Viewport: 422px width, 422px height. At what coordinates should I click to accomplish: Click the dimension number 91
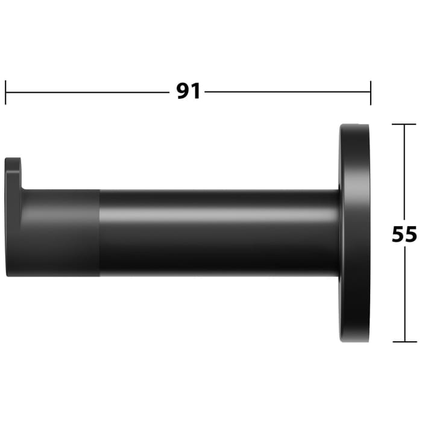pyautogui.click(x=188, y=92)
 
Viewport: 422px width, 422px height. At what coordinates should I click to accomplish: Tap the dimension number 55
pyautogui.click(x=404, y=234)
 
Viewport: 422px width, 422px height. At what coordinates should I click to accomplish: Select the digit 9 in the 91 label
pyautogui.click(x=182, y=92)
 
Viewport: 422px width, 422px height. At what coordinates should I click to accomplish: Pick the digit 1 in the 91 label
pyautogui.click(x=195, y=92)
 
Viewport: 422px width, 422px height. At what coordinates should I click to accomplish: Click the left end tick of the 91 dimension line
pyautogui.click(x=6, y=92)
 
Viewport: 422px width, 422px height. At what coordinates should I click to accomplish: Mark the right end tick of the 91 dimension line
pyautogui.click(x=370, y=92)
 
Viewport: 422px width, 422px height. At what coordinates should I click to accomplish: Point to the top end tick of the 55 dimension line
pyautogui.click(x=404, y=124)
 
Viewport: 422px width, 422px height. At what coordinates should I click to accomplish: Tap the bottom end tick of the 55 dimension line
pyautogui.click(x=404, y=342)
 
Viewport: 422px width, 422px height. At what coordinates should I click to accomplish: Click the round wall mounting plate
pyautogui.click(x=354, y=233)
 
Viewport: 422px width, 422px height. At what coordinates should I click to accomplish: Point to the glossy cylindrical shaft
pyautogui.click(x=217, y=232)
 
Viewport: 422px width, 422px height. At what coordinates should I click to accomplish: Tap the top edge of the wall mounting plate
pyautogui.click(x=354, y=125)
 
